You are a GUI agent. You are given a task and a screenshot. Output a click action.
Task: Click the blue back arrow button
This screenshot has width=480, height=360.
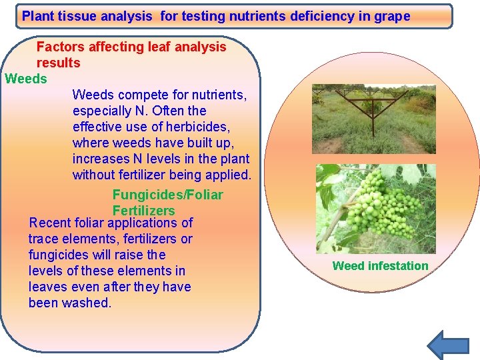447,345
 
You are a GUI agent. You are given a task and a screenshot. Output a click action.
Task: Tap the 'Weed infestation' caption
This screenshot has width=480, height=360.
380,266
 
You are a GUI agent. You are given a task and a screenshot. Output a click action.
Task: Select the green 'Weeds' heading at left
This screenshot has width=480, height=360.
26,79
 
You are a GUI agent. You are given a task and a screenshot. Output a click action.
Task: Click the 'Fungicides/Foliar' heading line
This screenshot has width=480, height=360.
167,195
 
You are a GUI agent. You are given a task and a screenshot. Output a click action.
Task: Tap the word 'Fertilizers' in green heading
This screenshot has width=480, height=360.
143,211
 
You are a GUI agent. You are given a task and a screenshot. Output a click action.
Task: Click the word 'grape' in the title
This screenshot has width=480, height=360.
393,16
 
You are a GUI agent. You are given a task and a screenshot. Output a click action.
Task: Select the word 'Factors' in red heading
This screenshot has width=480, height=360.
60,47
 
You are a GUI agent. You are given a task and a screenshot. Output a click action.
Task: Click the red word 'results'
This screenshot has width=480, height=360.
58,63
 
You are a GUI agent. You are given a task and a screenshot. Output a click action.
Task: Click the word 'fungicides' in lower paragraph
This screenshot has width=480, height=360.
57,255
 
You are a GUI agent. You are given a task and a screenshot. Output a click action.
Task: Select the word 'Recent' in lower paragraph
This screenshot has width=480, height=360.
51,223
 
